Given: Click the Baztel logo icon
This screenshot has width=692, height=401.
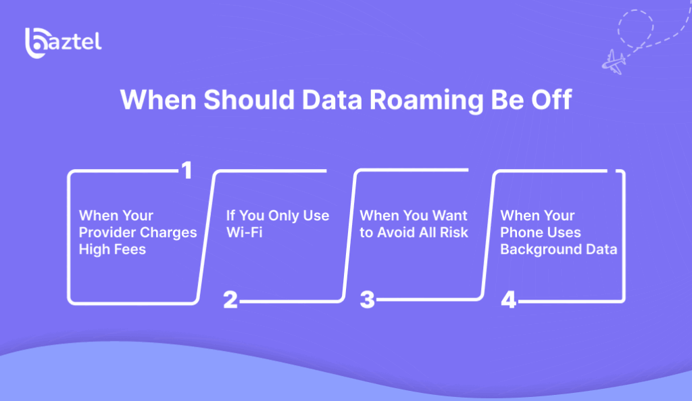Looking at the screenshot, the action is pyautogui.click(x=36, y=43).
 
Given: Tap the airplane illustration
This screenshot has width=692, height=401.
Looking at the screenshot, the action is pyautogui.click(x=614, y=62).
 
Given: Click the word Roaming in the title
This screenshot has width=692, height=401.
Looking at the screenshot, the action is pyautogui.click(x=426, y=100).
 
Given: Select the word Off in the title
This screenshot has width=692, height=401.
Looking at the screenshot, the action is pyautogui.click(x=551, y=99).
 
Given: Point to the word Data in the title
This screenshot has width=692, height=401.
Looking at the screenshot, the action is pyautogui.click(x=332, y=100).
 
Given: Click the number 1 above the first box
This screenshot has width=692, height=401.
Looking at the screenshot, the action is pyautogui.click(x=187, y=170).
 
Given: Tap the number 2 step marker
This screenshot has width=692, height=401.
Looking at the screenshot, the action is pyautogui.click(x=230, y=300).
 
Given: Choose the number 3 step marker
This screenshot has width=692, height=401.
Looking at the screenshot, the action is pyautogui.click(x=367, y=300).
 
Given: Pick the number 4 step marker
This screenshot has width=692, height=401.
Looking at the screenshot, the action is pyautogui.click(x=508, y=300).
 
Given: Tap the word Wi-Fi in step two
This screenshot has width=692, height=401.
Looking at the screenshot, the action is pyautogui.click(x=244, y=233).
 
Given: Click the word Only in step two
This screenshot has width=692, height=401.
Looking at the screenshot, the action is pyautogui.click(x=283, y=216).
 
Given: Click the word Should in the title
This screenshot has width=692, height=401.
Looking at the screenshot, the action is pyautogui.click(x=249, y=99).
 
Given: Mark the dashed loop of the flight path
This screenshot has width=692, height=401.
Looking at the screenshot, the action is pyautogui.click(x=635, y=28).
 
